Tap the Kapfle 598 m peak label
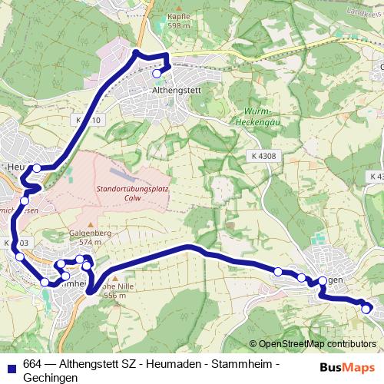point(178,21)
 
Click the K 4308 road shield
point(263,156)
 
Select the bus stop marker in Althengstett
point(157,74)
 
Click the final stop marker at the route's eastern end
point(366,309)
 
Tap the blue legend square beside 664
point(11,365)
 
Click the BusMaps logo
point(348,366)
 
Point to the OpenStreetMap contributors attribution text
point(316,345)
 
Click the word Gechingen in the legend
point(51,378)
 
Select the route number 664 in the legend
point(33,364)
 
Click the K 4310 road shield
point(88,121)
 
